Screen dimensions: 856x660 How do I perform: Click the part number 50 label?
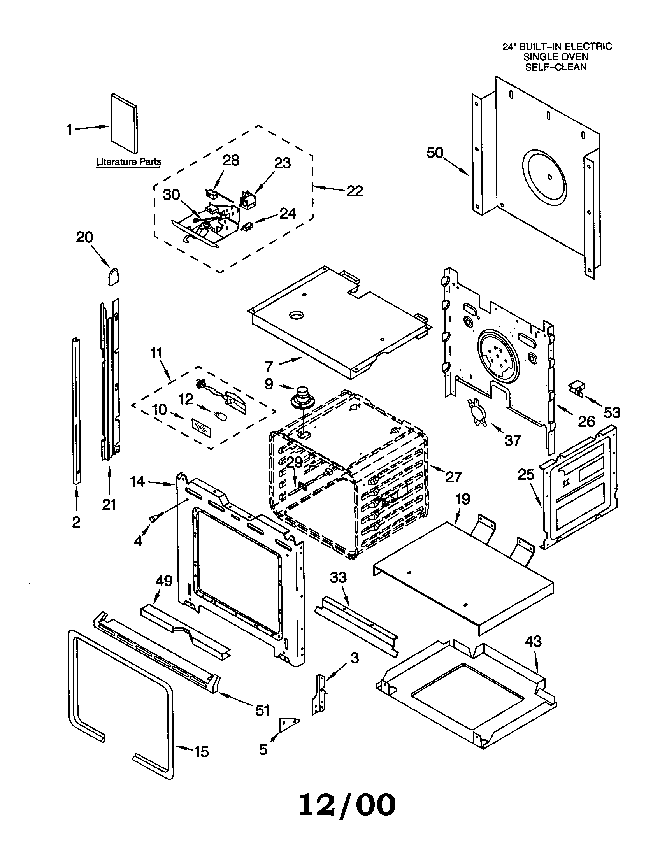coord(435,153)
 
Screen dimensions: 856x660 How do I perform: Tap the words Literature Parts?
coord(129,162)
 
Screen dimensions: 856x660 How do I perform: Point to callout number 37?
coord(513,440)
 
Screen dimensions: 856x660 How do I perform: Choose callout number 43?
coord(533,642)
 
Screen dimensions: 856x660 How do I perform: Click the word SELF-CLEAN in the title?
coord(556,67)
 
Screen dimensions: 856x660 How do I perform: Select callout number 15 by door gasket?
coord(202,752)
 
